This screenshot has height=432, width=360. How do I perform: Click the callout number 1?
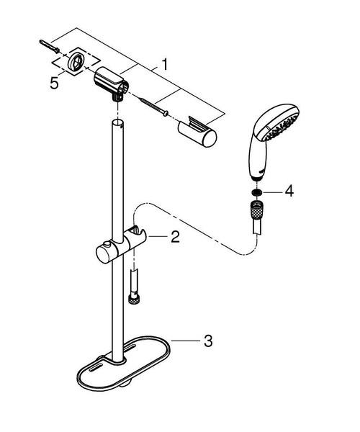click(x=165, y=64)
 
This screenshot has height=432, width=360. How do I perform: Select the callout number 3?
click(x=207, y=341)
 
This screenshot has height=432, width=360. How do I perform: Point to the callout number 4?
click(x=289, y=192)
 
